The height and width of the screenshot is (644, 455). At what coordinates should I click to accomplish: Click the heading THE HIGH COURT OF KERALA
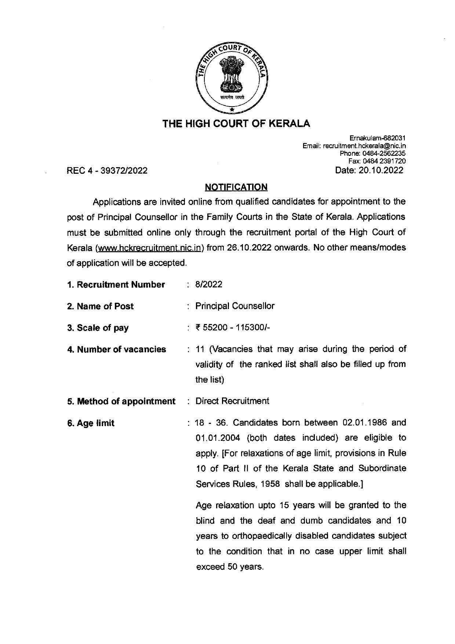tap(236, 124)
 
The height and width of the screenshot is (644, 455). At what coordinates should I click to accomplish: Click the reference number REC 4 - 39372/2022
tap(107, 171)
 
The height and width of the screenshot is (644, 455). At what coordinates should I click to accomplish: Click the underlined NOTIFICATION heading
tap(236, 187)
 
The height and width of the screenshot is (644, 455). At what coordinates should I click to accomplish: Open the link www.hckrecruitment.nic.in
tap(149, 248)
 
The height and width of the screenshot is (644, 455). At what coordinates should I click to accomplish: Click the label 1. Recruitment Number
tap(116, 285)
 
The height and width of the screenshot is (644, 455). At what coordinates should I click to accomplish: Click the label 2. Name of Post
tap(100, 306)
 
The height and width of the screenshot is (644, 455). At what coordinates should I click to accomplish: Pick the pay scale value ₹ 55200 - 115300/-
tap(233, 328)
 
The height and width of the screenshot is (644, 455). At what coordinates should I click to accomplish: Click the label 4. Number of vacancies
tap(116, 349)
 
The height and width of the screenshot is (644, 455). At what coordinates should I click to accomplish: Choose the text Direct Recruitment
tap(232, 401)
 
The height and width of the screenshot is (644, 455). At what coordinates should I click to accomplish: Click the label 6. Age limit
tap(91, 423)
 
